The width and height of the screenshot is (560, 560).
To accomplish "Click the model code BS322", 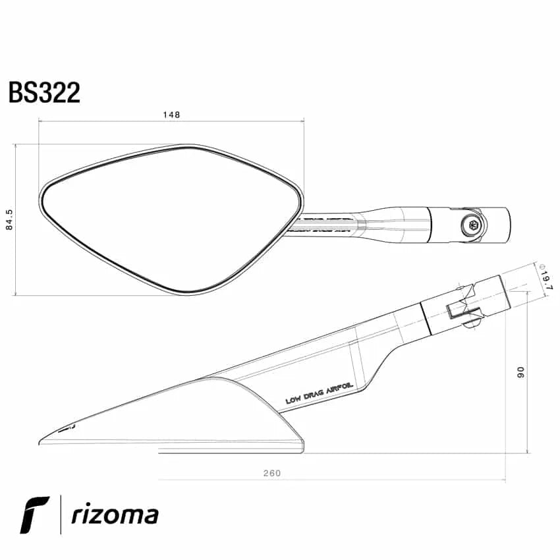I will pyautogui.click(x=44, y=92).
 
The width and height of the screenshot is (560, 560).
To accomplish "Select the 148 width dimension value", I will pyautogui.click(x=171, y=115).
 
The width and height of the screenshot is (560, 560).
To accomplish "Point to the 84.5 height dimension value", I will pyautogui.click(x=9, y=220).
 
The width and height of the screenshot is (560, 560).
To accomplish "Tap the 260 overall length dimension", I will pyautogui.click(x=271, y=473).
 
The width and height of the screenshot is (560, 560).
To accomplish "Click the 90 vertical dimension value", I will pyautogui.click(x=520, y=372).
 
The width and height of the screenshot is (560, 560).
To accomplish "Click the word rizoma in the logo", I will pyautogui.click(x=115, y=515).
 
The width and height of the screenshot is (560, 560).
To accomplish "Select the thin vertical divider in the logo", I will pyautogui.click(x=61, y=515).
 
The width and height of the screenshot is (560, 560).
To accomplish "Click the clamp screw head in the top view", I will pyautogui.click(x=472, y=223).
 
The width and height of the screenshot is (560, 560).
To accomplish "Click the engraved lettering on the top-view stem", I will pyautogui.click(x=323, y=223).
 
